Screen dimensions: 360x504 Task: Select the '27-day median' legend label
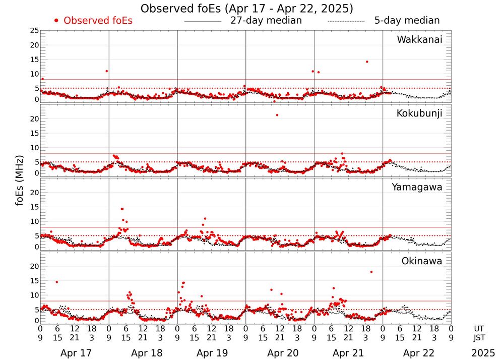(266, 21)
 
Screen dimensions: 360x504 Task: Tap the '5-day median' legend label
(407, 21)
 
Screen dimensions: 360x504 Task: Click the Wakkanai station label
(419, 40)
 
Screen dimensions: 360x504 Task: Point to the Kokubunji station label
(419, 113)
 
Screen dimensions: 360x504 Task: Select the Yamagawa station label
(417, 187)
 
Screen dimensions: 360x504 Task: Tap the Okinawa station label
(421, 261)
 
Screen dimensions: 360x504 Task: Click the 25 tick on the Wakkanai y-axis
(34, 31)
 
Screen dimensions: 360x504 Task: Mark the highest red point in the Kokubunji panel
(277, 115)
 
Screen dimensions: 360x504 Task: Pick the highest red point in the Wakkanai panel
(367, 62)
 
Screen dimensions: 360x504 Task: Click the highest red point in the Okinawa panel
(371, 272)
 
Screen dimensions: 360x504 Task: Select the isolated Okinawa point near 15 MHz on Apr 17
(56, 282)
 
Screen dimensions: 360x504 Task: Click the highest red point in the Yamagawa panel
(122, 209)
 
